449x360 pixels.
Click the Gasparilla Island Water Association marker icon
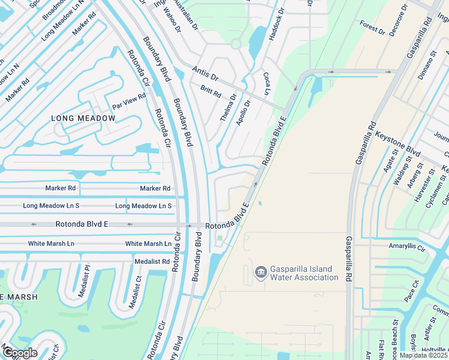tap(261, 273)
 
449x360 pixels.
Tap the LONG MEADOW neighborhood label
tap(83, 118)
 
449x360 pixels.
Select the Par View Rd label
tap(129, 101)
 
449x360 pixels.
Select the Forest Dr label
tap(372, 27)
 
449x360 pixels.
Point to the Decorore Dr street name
tap(398, 21)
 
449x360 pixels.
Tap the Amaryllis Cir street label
tap(406, 247)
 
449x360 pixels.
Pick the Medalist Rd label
tap(152, 262)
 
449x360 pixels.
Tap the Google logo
tap(19, 352)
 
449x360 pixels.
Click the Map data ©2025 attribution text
tap(424, 355)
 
